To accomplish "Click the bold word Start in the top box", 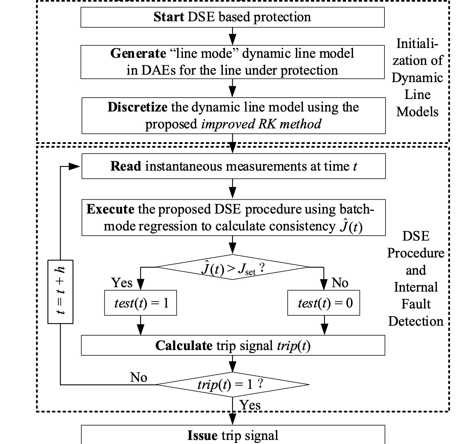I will tap(168, 17).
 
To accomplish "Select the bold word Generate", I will tap(138, 53).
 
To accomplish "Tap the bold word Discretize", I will tap(137, 107).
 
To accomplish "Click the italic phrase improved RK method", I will tap(261, 124).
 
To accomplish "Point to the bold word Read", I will tap(126, 166).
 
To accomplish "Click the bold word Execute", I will tap(110, 209).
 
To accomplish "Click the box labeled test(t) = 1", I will tap(141, 303).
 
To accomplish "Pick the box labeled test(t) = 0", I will tap(324, 303).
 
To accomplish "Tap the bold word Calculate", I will tap(184, 345).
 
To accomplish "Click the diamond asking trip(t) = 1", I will tap(233, 384).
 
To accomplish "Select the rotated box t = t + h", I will tap(61, 292).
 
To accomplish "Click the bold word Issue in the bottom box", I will tap(202, 436).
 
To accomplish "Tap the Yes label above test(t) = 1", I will tap(122, 283).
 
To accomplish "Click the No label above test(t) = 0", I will tap(340, 283).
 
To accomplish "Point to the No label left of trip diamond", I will tap(139, 377).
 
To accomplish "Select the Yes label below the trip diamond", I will tap(250, 405).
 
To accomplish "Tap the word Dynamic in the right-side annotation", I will tap(417, 78).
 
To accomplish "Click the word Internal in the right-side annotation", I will tap(416, 287).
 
